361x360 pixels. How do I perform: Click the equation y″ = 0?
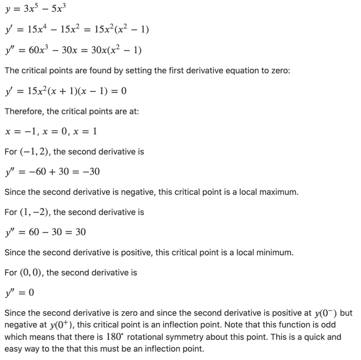pyautogui.click(x=19, y=292)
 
